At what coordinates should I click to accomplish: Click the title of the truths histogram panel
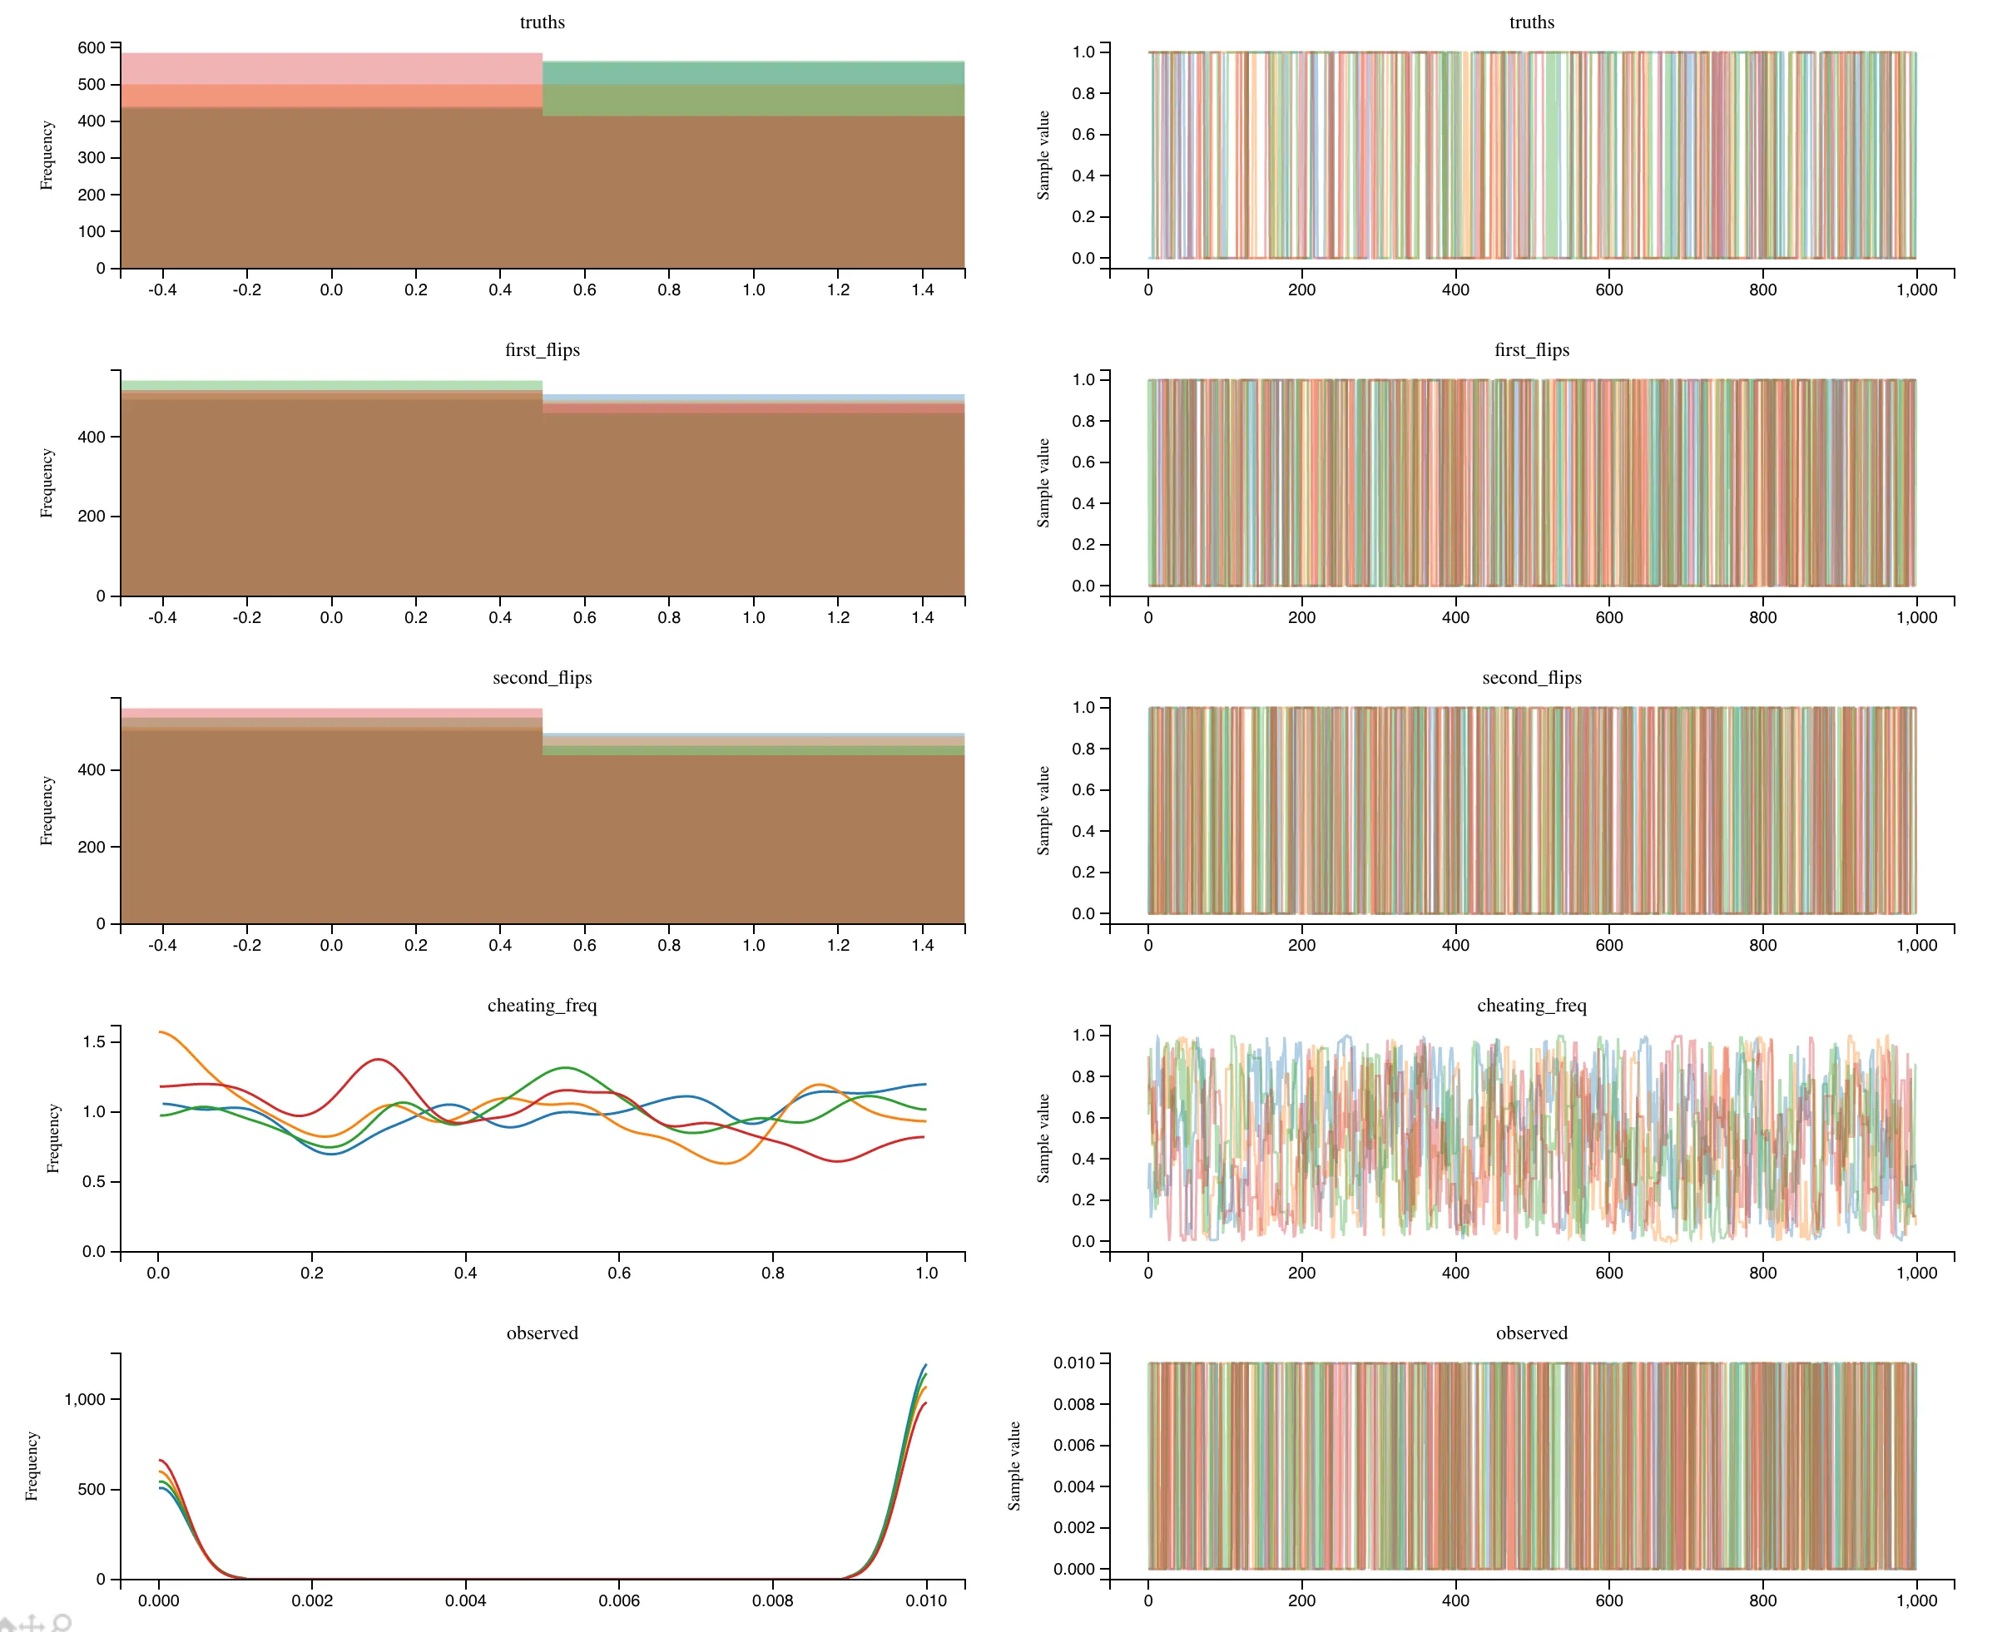(542, 22)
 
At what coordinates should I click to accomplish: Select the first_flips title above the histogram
(542, 349)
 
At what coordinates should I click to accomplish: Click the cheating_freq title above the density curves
(542, 1005)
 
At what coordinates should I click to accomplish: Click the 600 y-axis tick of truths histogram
(92, 48)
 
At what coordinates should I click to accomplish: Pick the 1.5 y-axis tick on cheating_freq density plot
(94, 1041)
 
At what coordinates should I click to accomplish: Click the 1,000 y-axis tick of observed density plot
(85, 1399)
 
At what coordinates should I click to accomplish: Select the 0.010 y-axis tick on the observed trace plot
(1073, 1363)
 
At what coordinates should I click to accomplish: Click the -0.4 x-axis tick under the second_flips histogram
(162, 945)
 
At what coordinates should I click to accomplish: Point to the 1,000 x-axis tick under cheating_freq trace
(1916, 1273)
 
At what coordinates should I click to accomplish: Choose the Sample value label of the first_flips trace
(1043, 483)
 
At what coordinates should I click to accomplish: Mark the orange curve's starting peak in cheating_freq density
(161, 1032)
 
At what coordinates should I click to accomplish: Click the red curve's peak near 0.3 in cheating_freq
(378, 1060)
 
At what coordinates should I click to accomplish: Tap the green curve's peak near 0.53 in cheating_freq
(564, 1068)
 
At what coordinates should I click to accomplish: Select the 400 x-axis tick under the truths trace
(1454, 289)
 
